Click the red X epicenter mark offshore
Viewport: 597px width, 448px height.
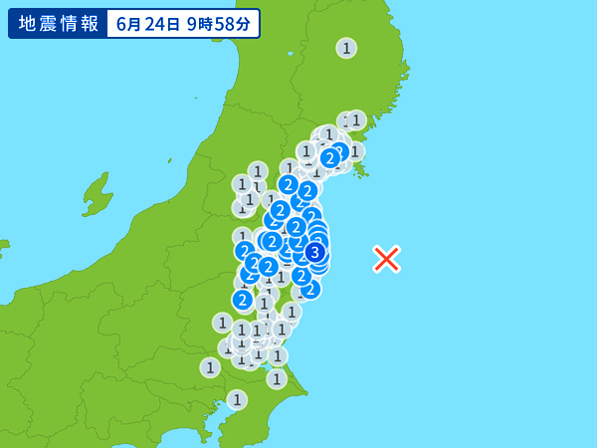[386, 259]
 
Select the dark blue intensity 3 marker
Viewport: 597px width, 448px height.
[314, 252]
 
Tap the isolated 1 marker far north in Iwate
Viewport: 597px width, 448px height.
[346, 48]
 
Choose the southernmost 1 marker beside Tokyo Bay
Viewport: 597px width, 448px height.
[237, 399]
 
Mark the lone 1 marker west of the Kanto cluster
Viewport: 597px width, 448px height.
[209, 367]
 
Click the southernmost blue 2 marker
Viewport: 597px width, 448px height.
[242, 299]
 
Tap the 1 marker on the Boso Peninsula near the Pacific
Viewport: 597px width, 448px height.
[277, 378]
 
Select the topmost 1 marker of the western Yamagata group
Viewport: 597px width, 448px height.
[258, 171]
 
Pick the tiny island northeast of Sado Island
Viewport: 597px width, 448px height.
[169, 160]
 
